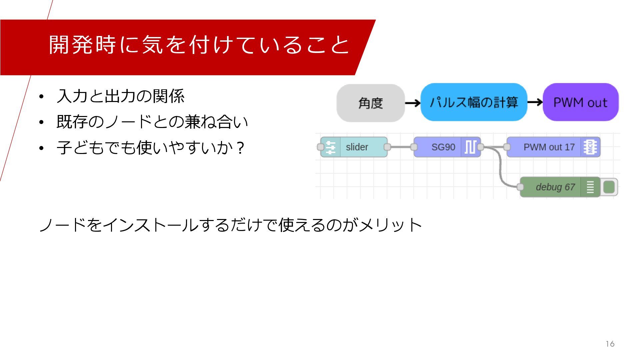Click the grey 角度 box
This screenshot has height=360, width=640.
(370, 103)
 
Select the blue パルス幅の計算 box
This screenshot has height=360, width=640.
(474, 102)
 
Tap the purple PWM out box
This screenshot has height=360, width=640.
(580, 102)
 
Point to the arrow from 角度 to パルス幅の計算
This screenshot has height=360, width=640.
(413, 103)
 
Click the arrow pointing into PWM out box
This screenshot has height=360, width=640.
(535, 102)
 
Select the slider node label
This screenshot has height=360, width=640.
(357, 147)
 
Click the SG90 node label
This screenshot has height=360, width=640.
(443, 147)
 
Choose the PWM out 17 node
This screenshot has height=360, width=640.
(549, 147)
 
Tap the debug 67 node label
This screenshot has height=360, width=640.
(555, 187)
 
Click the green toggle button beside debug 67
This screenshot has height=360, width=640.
(609, 187)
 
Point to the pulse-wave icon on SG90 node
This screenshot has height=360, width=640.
(470, 147)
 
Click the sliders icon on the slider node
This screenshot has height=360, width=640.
(330, 147)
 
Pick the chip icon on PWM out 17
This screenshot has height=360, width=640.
(590, 147)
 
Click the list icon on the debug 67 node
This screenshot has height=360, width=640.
(590, 187)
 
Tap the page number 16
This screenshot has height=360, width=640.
(610, 344)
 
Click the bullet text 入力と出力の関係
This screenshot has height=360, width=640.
(120, 96)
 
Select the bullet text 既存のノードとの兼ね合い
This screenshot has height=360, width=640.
(152, 122)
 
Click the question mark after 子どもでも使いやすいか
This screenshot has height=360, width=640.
(240, 148)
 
